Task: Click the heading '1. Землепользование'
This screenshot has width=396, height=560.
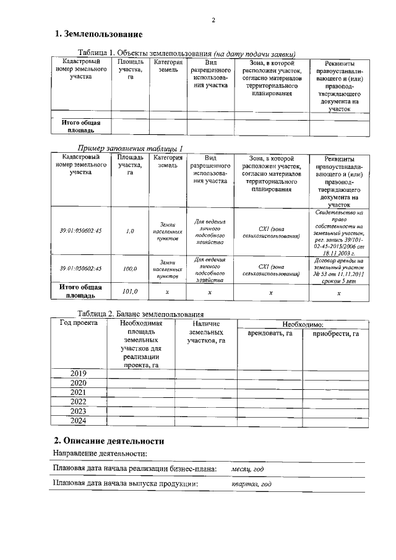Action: coord(98,33)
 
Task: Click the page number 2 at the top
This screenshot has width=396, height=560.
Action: coord(212,20)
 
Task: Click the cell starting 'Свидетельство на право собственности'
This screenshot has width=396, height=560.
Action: coord(338,233)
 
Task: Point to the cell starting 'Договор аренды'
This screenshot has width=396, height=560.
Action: coord(338,269)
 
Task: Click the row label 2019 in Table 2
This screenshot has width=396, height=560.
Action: coord(78,374)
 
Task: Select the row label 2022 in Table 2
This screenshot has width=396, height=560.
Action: coord(78,402)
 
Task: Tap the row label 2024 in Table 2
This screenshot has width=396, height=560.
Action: coord(78,421)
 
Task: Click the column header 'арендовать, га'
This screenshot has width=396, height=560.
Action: coord(270,334)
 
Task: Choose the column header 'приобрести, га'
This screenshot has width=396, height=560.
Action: coord(336,334)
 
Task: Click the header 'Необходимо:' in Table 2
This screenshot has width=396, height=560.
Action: coord(303,324)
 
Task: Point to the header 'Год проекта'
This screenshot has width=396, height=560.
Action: coord(79,323)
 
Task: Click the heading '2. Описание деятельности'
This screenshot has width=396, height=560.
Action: coord(109,441)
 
